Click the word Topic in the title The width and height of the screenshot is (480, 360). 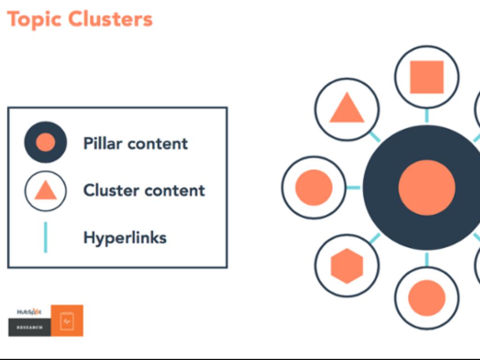point(34,20)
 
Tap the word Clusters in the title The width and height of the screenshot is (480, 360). point(111,20)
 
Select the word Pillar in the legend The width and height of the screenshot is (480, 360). point(102,143)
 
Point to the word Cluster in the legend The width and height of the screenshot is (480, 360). point(111,190)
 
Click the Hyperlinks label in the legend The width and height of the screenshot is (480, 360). point(125,237)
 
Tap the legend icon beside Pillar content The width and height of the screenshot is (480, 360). point(45,142)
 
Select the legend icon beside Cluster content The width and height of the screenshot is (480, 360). point(45,191)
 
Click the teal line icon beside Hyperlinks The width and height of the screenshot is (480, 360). point(45,237)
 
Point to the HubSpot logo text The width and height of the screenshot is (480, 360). point(29,312)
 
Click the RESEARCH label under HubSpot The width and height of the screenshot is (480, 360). point(29,327)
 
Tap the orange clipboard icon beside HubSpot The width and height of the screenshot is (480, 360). point(67,321)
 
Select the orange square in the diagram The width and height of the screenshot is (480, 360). point(427,77)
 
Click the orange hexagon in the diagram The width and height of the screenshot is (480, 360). point(347,266)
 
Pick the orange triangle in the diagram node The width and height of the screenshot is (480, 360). point(347,109)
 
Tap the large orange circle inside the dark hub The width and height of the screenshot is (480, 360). point(427,187)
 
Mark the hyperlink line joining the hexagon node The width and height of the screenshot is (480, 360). point(375,239)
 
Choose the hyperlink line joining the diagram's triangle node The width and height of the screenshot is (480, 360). point(375,137)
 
